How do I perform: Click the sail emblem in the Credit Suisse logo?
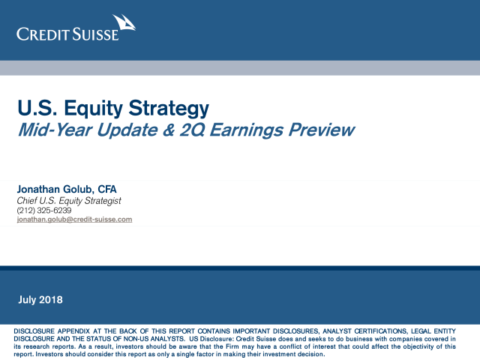pyautogui.click(x=124, y=22)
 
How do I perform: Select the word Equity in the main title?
pyautogui.click(x=93, y=109)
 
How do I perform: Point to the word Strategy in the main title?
pyautogui.click(x=169, y=109)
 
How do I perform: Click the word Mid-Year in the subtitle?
pyautogui.click(x=55, y=130)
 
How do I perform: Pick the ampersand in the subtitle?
pyautogui.click(x=169, y=130)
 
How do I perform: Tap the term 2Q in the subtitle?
pyautogui.click(x=192, y=130)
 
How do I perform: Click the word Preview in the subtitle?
pyautogui.click(x=322, y=130)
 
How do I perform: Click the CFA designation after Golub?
pyautogui.click(x=107, y=189)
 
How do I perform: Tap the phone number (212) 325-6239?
pyautogui.click(x=44, y=210)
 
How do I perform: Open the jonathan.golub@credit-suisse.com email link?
pyautogui.click(x=74, y=220)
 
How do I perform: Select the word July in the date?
pyautogui.click(x=27, y=300)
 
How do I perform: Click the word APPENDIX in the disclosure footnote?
pyautogui.click(x=73, y=331)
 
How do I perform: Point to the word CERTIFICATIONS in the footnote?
pyautogui.click(x=381, y=331)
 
